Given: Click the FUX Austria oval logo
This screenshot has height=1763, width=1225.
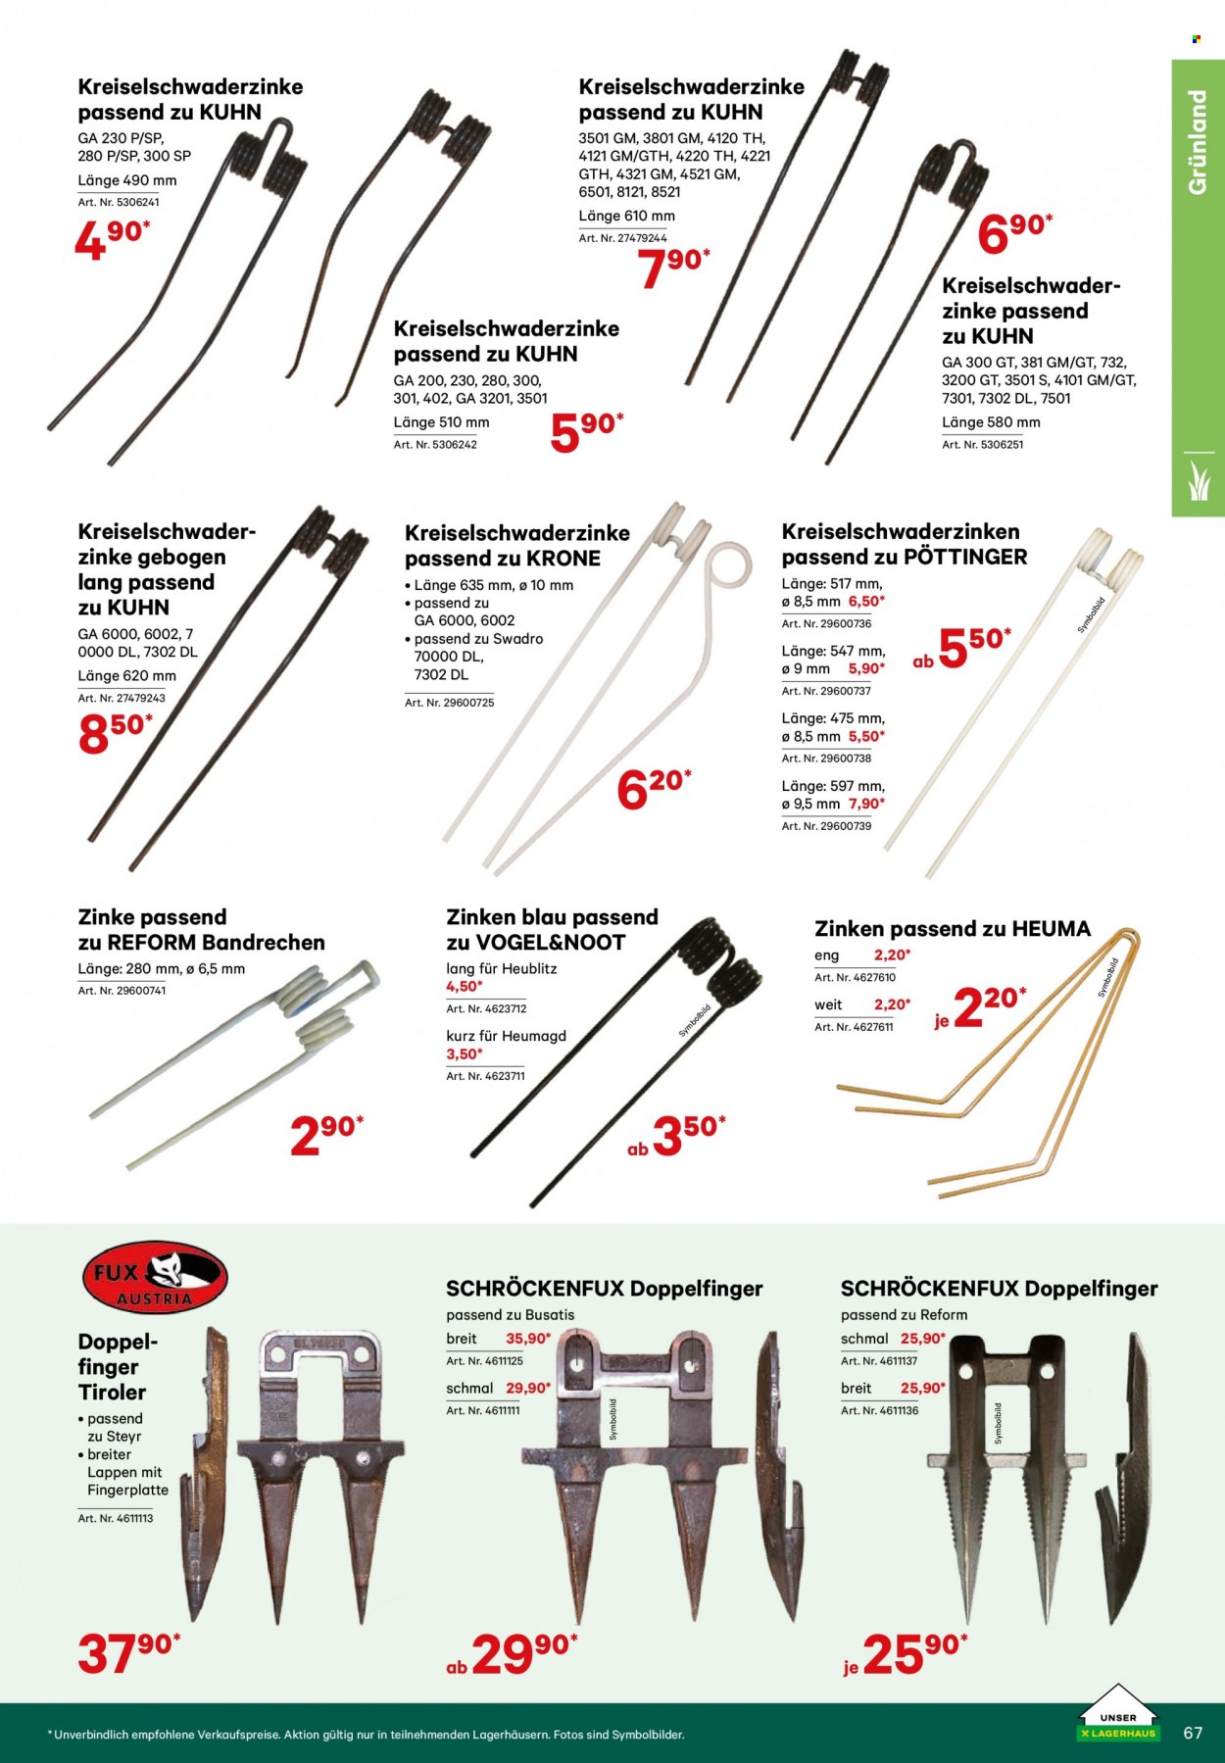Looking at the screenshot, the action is coord(155,1277).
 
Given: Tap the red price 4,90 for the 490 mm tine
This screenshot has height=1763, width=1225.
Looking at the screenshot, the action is coord(113,240).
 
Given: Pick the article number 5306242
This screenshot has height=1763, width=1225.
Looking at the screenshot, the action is coord(435,445).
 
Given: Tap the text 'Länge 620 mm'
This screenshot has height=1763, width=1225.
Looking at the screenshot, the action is coord(127,676).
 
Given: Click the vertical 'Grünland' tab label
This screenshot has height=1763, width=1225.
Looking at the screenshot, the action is coord(1197,141).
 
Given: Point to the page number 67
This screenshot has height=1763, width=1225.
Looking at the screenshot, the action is coord(1193,1733).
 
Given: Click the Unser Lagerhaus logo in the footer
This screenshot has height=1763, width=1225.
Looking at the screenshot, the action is coord(1117,1713).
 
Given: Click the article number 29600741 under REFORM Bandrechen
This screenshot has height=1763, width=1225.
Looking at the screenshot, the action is coord(122,992).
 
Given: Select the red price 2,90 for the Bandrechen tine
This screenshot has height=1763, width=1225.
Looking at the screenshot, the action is coord(326,1135).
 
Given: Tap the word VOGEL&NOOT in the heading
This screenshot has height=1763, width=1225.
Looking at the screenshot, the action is coord(550,943).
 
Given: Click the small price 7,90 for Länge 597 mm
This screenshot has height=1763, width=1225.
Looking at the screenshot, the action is coord(866,804).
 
